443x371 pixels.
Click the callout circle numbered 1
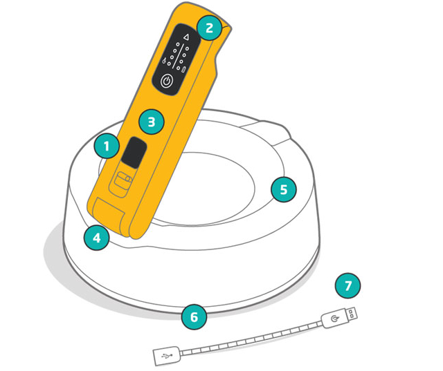(107, 146)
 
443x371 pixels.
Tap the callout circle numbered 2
(209, 28)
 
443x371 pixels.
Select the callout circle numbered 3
(152, 122)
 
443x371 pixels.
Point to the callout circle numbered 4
(97, 238)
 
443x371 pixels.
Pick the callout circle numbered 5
(284, 189)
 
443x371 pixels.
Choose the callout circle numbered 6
(194, 317)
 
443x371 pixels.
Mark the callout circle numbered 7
(347, 285)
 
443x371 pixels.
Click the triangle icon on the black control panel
(186, 37)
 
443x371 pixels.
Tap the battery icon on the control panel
(184, 69)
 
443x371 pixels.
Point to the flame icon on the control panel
(163, 60)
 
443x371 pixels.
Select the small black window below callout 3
(134, 153)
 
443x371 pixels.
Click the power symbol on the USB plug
(334, 319)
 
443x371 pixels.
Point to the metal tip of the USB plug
(352, 313)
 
